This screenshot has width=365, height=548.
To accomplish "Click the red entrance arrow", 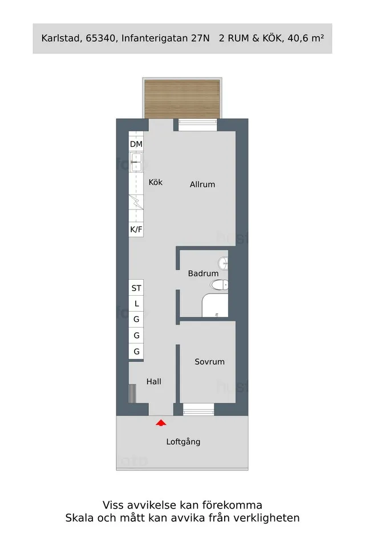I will click(161, 422).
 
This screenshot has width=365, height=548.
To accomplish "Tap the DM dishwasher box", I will click(136, 144).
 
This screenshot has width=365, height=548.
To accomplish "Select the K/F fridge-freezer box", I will click(136, 229).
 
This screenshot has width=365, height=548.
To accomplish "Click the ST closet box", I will click(136, 288).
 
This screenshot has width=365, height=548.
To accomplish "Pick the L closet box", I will click(136, 304).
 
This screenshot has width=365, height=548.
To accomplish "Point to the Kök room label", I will click(156, 182).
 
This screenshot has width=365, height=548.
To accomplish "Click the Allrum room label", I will click(202, 184).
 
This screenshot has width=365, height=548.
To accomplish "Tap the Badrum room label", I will click(203, 273).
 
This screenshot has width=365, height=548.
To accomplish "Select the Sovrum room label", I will click(209, 362).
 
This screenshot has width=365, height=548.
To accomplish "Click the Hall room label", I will click(154, 382).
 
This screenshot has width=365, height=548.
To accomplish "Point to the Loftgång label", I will click(183, 441).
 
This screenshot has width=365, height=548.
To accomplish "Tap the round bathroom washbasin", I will click(223, 263).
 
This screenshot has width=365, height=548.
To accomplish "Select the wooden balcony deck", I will click(182, 98).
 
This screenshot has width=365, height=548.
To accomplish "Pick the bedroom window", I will click(198, 409).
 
